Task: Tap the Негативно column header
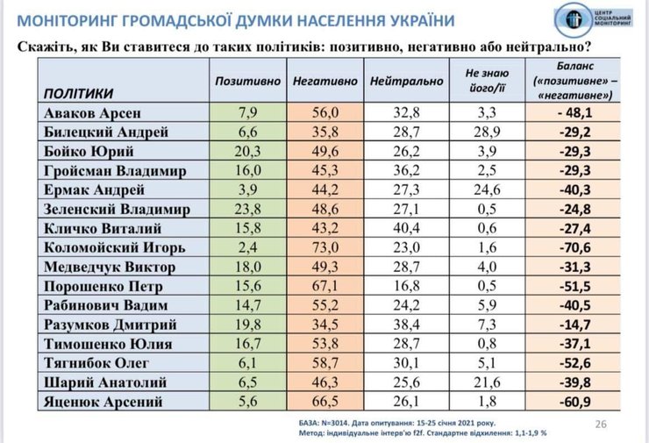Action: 324,81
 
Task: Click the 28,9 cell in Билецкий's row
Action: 490,132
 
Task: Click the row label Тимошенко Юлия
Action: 107,345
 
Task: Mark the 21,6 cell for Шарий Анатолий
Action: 490,383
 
